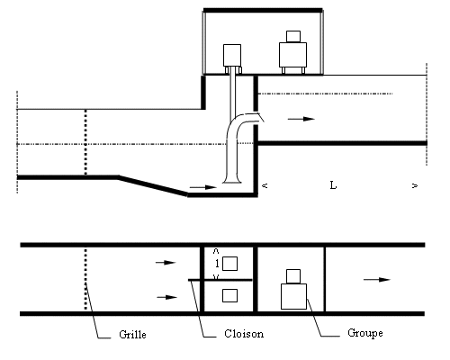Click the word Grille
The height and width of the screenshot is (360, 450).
[x=132, y=335]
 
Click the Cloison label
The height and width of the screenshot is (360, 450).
[x=244, y=334]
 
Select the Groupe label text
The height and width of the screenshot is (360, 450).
[x=365, y=333]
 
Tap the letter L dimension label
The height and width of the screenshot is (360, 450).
[x=333, y=185]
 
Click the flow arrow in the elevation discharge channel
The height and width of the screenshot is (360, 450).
[x=301, y=119]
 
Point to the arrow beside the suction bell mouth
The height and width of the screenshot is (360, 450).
[x=202, y=187]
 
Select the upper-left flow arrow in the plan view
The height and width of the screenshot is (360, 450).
[x=166, y=263]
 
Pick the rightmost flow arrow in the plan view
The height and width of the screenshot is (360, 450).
[x=377, y=280]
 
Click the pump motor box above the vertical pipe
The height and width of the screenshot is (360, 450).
[x=232, y=56]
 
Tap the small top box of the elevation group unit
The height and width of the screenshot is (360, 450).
[x=293, y=37]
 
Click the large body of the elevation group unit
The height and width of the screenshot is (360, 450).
[x=292, y=55]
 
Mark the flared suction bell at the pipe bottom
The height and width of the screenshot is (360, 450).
[x=232, y=179]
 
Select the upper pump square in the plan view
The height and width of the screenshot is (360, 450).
[x=229, y=264]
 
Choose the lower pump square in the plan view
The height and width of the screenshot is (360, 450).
[x=229, y=295]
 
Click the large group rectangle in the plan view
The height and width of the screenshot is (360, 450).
[x=293, y=296]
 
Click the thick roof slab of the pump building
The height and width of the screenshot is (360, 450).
[x=263, y=11]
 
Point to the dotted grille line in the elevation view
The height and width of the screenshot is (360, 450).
[x=85, y=142]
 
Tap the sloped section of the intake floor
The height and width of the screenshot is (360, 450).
[x=153, y=186]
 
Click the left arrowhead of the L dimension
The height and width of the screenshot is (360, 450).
[x=265, y=185]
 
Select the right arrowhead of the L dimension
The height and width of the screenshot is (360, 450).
[x=415, y=186]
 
